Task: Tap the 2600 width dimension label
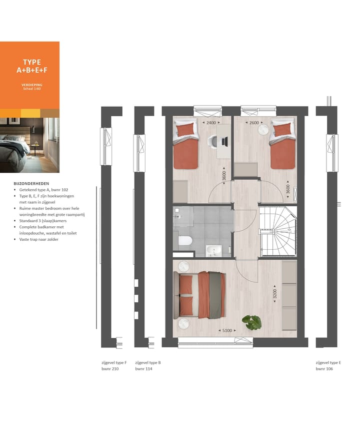point(254,123)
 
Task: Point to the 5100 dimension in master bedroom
point(227,330)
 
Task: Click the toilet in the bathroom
point(185,241)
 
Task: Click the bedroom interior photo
point(29,145)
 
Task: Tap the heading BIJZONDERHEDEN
point(31,184)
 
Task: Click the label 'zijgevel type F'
point(114,362)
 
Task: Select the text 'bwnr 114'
point(143,369)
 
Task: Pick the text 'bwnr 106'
point(324,369)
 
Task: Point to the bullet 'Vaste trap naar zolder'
point(42,240)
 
